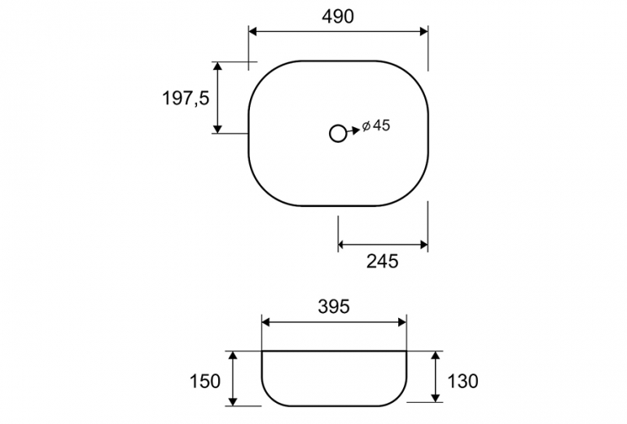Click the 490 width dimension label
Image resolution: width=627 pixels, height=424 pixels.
click(x=338, y=16)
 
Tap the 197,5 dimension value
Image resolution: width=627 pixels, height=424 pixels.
click(x=186, y=98)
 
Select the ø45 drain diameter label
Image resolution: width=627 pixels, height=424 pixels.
click(x=376, y=126)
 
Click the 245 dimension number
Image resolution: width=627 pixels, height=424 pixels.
click(x=383, y=261)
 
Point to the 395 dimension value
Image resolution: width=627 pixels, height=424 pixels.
click(x=334, y=307)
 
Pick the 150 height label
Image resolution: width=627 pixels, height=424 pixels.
click(x=204, y=381)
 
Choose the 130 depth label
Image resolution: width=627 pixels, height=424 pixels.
click(x=463, y=381)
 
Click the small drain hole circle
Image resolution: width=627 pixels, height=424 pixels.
click(x=338, y=134)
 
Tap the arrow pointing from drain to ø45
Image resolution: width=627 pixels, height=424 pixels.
click(x=353, y=130)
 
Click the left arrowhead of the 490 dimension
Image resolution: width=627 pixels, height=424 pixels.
click(x=252, y=32)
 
